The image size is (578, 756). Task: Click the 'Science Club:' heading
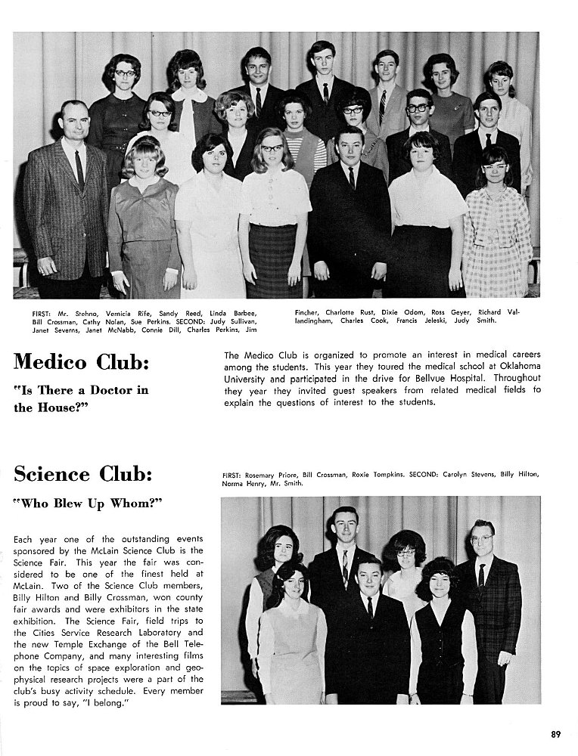(x=83, y=475)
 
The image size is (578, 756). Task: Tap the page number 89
(x=555, y=733)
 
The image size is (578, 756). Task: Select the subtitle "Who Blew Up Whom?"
(x=89, y=504)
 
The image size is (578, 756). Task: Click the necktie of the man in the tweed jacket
(x=79, y=171)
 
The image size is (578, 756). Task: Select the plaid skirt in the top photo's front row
(x=273, y=260)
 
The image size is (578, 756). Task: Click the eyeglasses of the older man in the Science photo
(x=481, y=539)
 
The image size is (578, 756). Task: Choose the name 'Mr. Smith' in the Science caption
(x=285, y=482)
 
